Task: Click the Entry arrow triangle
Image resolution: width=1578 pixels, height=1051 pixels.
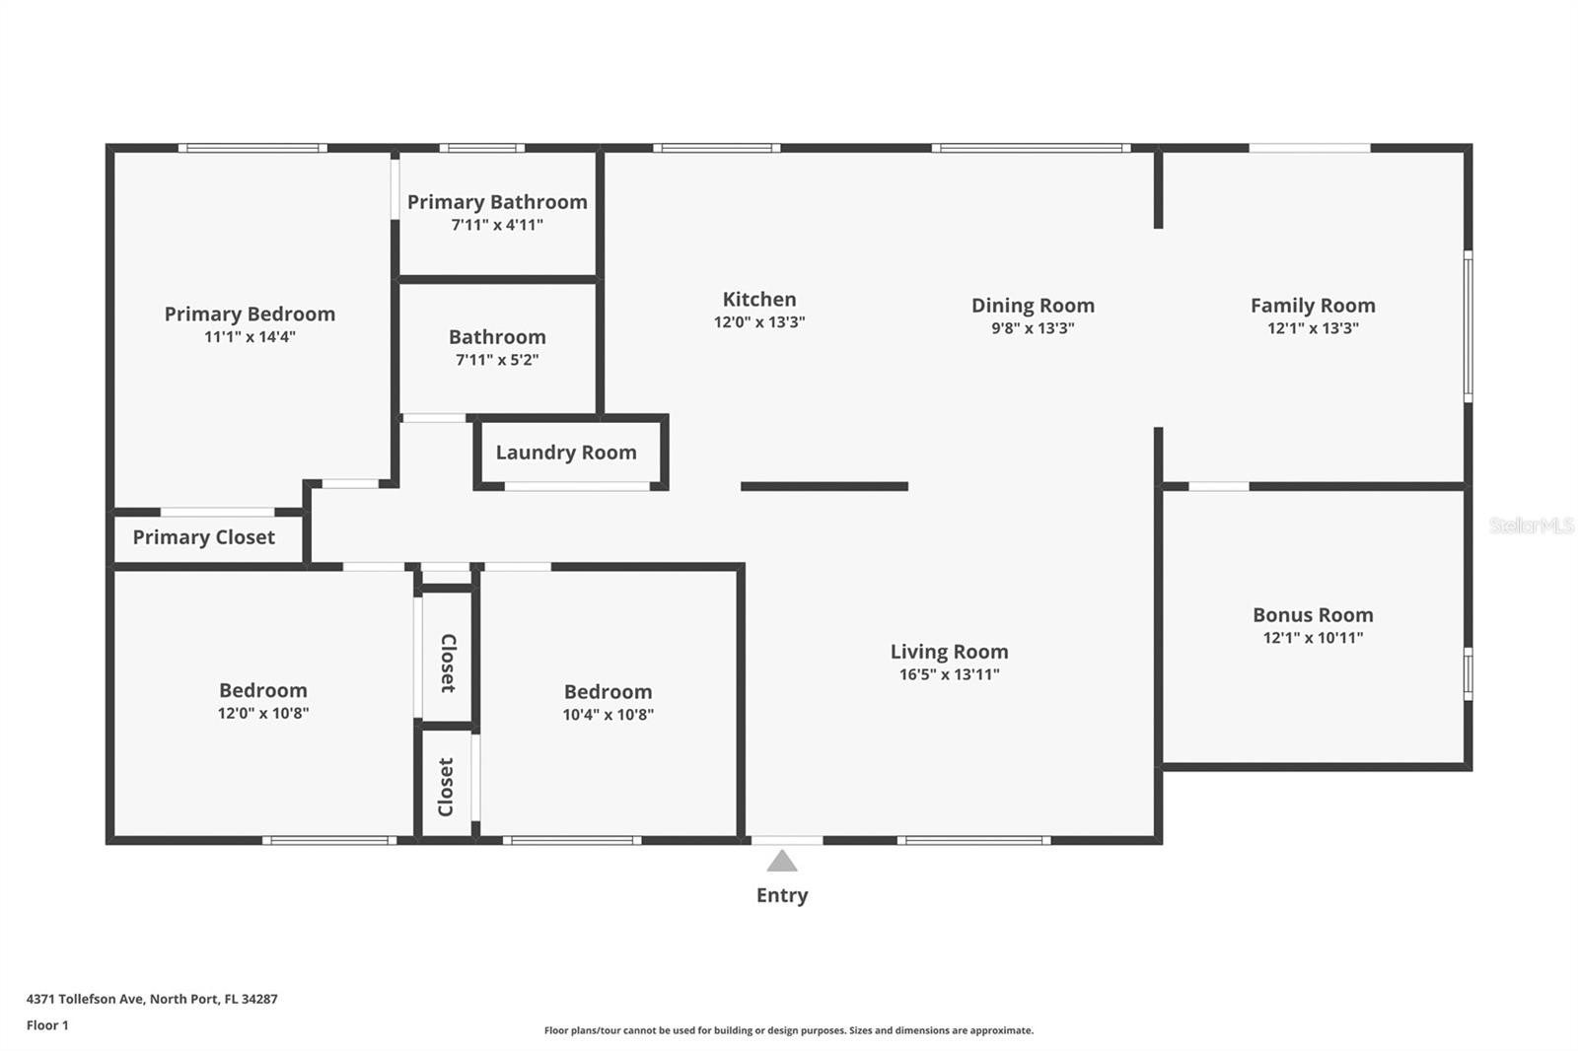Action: click(782, 862)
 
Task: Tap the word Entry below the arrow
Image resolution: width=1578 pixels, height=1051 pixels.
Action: click(782, 895)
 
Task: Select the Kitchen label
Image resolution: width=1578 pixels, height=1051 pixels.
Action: click(759, 300)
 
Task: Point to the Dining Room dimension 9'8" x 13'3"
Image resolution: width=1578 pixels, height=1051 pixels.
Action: click(1033, 327)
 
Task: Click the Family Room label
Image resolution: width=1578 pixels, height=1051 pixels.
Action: click(1313, 306)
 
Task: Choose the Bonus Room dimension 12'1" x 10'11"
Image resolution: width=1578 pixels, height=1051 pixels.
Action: click(1313, 638)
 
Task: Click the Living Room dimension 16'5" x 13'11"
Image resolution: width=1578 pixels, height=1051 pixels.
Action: click(950, 674)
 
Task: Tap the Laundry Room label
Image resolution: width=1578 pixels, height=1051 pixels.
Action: click(566, 453)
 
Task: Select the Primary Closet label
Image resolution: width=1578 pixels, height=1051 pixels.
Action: click(203, 537)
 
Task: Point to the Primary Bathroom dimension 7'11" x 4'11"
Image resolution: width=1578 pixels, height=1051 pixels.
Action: click(497, 225)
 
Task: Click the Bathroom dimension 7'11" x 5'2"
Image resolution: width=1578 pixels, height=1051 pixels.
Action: click(497, 359)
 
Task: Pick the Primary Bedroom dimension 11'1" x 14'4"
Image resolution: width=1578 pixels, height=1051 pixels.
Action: click(251, 336)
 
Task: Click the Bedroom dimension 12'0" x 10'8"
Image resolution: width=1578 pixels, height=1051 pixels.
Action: click(263, 712)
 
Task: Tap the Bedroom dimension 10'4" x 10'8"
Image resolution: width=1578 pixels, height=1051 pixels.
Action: click(608, 714)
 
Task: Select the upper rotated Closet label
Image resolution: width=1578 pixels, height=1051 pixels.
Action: click(449, 663)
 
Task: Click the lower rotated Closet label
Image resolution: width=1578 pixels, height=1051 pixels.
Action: click(446, 787)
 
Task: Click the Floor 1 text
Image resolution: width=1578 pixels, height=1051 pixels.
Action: click(48, 1025)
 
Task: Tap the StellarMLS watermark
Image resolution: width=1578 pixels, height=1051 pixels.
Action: click(1532, 525)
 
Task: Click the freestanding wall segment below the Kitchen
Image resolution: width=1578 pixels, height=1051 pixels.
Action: click(825, 486)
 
